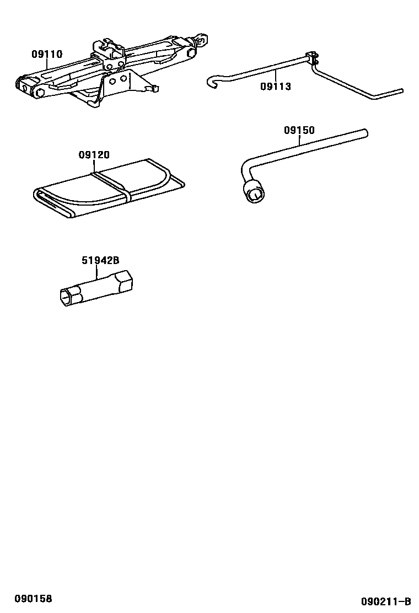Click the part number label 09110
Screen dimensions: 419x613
click(47, 55)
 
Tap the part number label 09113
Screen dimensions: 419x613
click(276, 87)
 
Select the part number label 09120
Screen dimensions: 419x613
click(94, 155)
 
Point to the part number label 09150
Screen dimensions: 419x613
click(299, 131)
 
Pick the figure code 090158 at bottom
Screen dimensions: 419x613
click(34, 599)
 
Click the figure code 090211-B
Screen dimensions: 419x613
click(386, 601)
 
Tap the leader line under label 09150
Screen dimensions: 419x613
click(300, 140)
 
